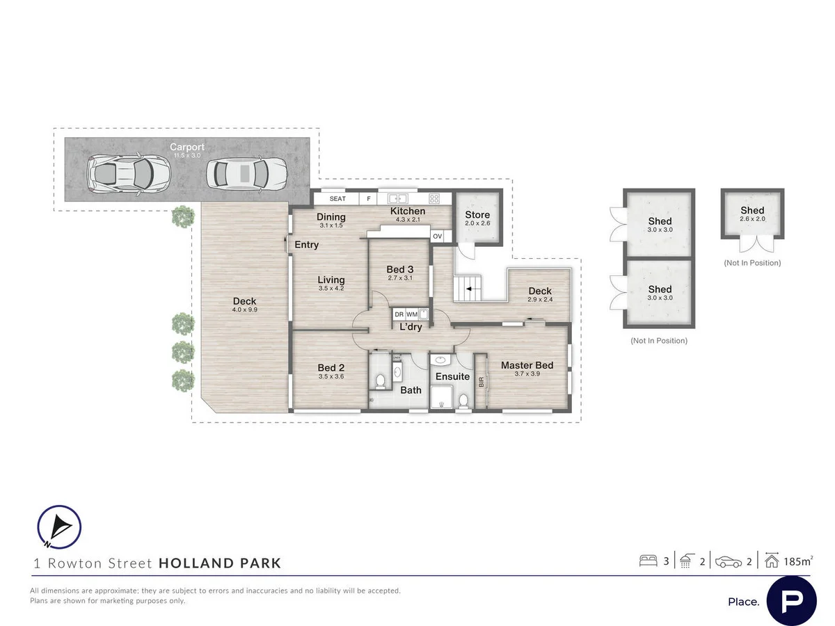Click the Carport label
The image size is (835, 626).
coord(187,147)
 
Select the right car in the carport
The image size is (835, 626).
coord(247,174)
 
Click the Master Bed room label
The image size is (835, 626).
coord(527,365)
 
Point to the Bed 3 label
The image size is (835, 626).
coord(400,270)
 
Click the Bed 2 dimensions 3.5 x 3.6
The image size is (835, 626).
coord(331,376)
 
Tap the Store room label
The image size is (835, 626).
coord(477,215)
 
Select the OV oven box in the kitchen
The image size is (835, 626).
coord(438,236)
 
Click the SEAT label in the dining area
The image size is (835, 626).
coord(337,199)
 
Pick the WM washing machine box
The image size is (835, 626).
coord(412,314)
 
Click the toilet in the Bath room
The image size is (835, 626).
coord(380,381)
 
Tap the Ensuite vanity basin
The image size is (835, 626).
coord(439,360)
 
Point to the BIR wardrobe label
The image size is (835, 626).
coord(481,382)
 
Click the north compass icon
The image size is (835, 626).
coord(59,527)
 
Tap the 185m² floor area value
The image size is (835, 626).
coord(798,561)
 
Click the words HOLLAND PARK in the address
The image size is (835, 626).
coord(220,563)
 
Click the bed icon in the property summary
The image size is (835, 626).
coord(648,561)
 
